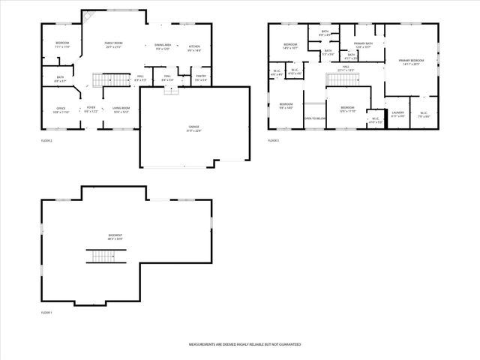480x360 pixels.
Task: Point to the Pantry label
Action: (x=200, y=77)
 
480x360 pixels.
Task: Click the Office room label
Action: (x=61, y=109)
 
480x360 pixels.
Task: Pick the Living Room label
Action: (x=121, y=109)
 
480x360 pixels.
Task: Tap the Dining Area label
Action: (x=163, y=47)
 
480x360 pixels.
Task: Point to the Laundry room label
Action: (x=397, y=115)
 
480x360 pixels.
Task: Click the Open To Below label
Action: (x=314, y=118)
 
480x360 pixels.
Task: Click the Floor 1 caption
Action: (x=47, y=312)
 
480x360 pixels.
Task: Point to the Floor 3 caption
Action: (x=274, y=140)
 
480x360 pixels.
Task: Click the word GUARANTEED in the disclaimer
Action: (x=286, y=344)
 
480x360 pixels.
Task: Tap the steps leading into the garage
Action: (x=170, y=89)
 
